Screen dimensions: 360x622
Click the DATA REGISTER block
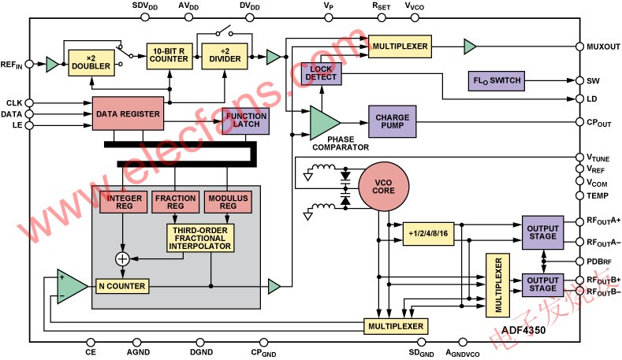click(128, 114)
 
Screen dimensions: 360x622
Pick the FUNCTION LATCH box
click(245, 120)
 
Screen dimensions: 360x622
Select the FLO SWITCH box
click(494, 81)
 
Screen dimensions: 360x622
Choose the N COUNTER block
click(120, 285)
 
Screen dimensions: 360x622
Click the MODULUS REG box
click(226, 200)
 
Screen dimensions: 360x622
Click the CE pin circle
click(91, 341)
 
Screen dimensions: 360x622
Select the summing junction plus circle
click(122, 258)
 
